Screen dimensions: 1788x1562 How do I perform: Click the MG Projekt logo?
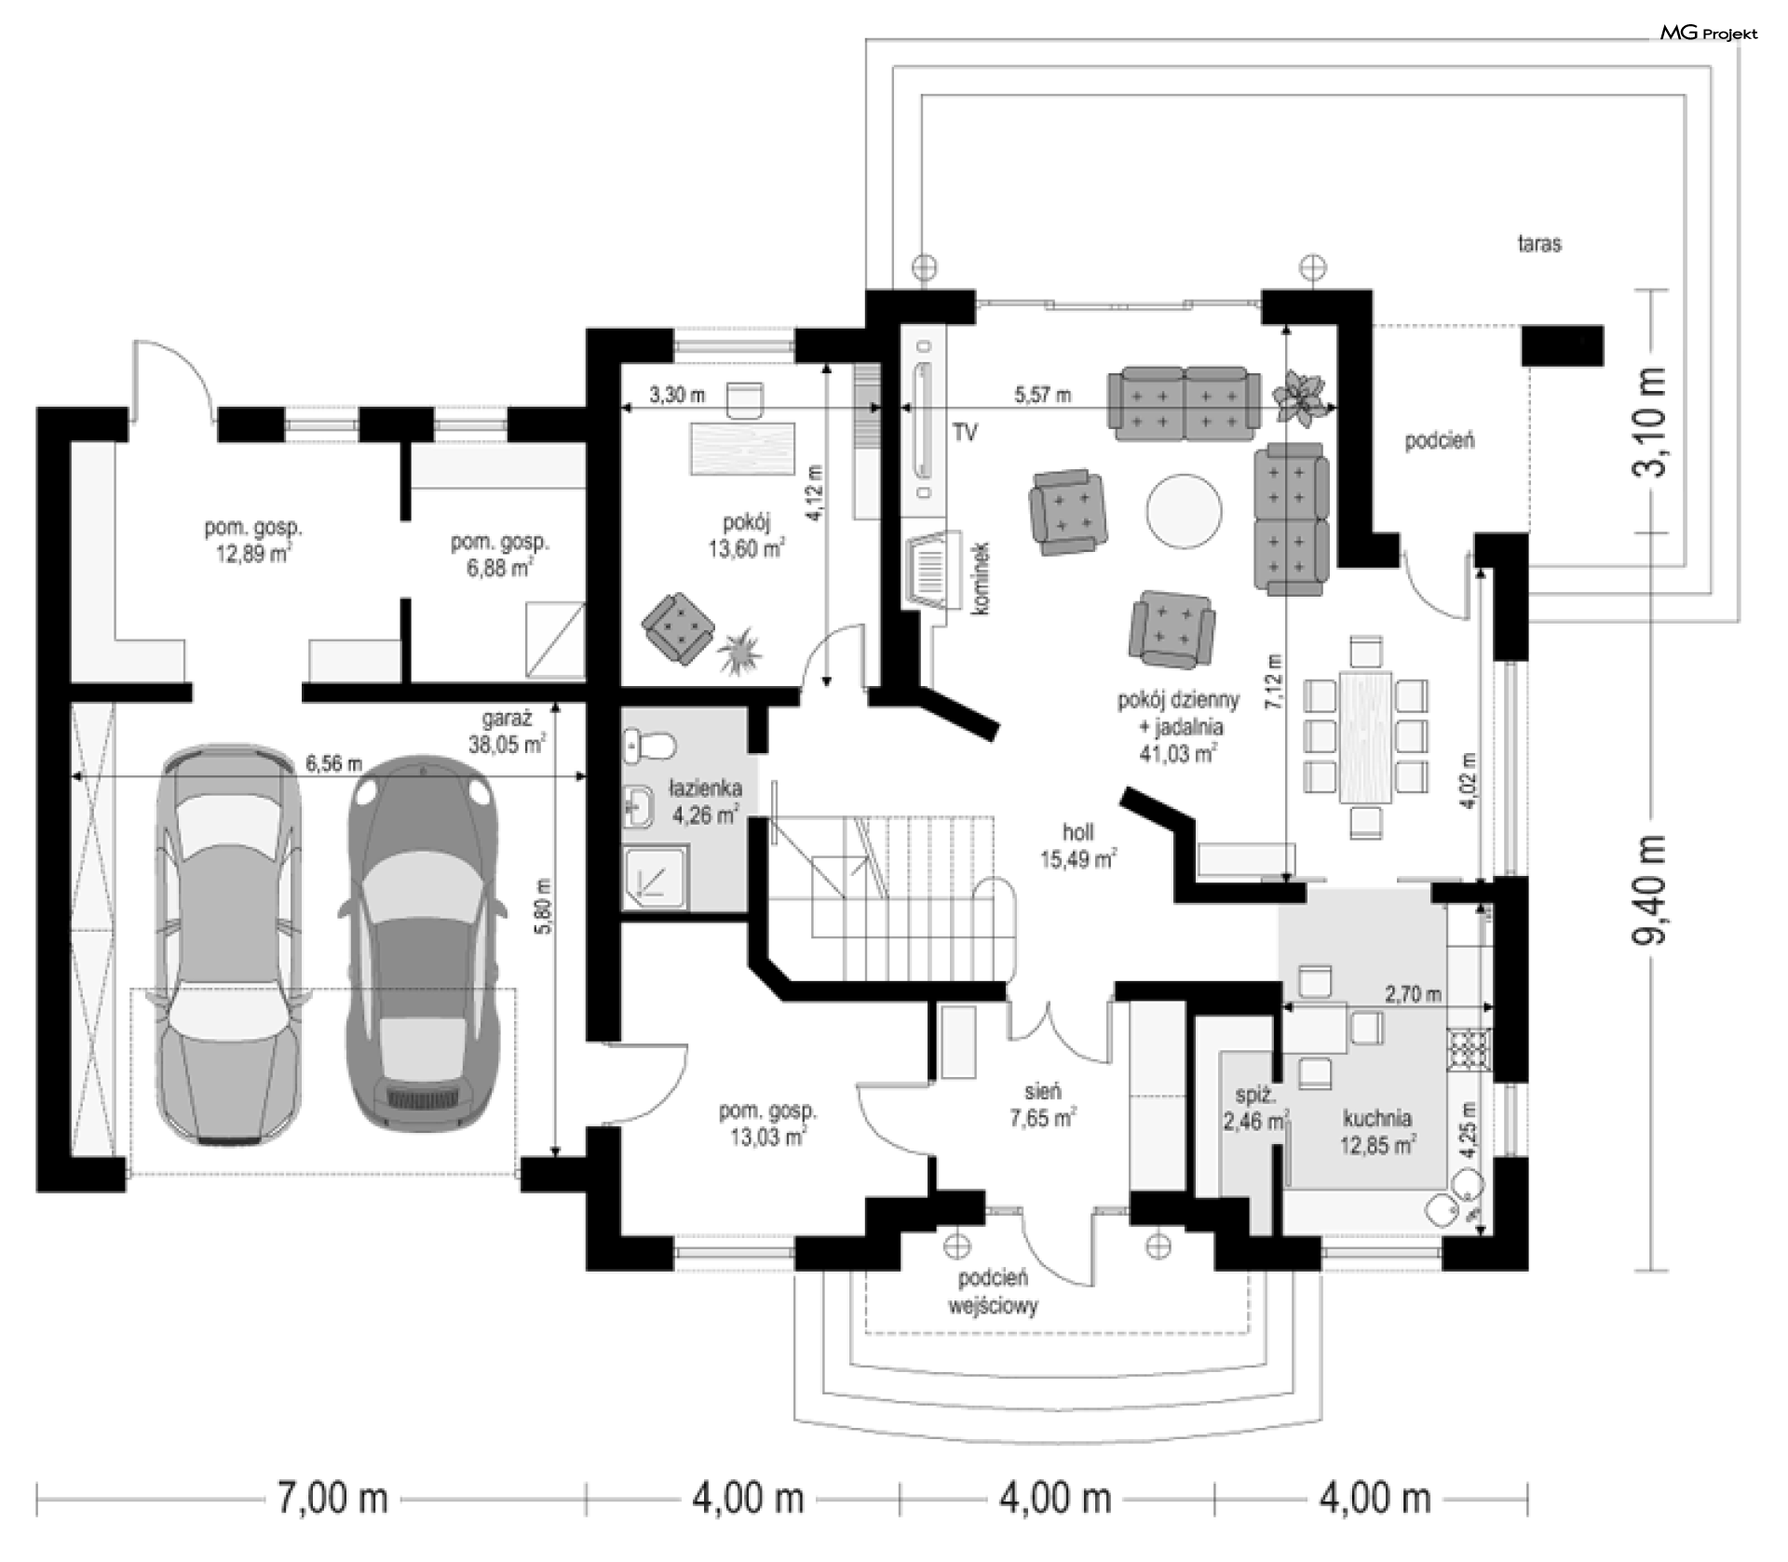click(1709, 34)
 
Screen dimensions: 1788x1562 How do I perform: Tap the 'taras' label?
click(1539, 244)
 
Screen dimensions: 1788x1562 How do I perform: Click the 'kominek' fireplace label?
click(980, 577)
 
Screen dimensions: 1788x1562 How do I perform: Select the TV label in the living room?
click(965, 433)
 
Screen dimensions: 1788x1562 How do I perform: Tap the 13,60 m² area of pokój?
click(746, 548)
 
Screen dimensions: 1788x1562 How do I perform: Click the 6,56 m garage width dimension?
click(333, 763)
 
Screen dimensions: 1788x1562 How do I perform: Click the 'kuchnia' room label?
click(1377, 1118)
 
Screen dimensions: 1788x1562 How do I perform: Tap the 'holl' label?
click(1078, 832)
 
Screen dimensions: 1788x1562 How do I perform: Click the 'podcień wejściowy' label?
click(993, 1292)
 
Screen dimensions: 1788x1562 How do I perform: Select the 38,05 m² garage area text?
click(508, 744)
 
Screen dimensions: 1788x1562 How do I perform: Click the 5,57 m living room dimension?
click(1043, 395)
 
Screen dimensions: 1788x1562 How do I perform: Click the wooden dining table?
click(1366, 736)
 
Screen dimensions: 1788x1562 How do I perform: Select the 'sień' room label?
click(1042, 1090)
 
